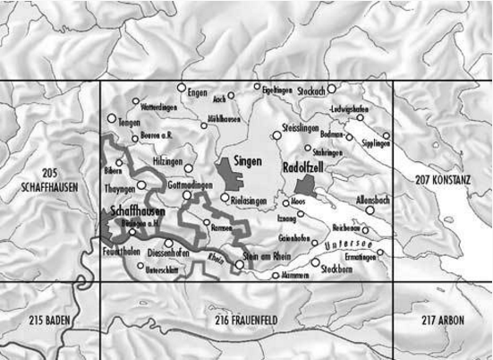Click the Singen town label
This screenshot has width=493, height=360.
tap(247, 161)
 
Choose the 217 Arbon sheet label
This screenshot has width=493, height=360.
tap(443, 320)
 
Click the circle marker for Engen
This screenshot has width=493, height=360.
tap(181, 88)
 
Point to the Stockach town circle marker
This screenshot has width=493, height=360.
tap(331, 89)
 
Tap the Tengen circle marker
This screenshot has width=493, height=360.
tap(112, 117)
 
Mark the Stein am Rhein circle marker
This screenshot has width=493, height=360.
tap(241, 263)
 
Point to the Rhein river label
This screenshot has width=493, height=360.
tap(213, 260)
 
